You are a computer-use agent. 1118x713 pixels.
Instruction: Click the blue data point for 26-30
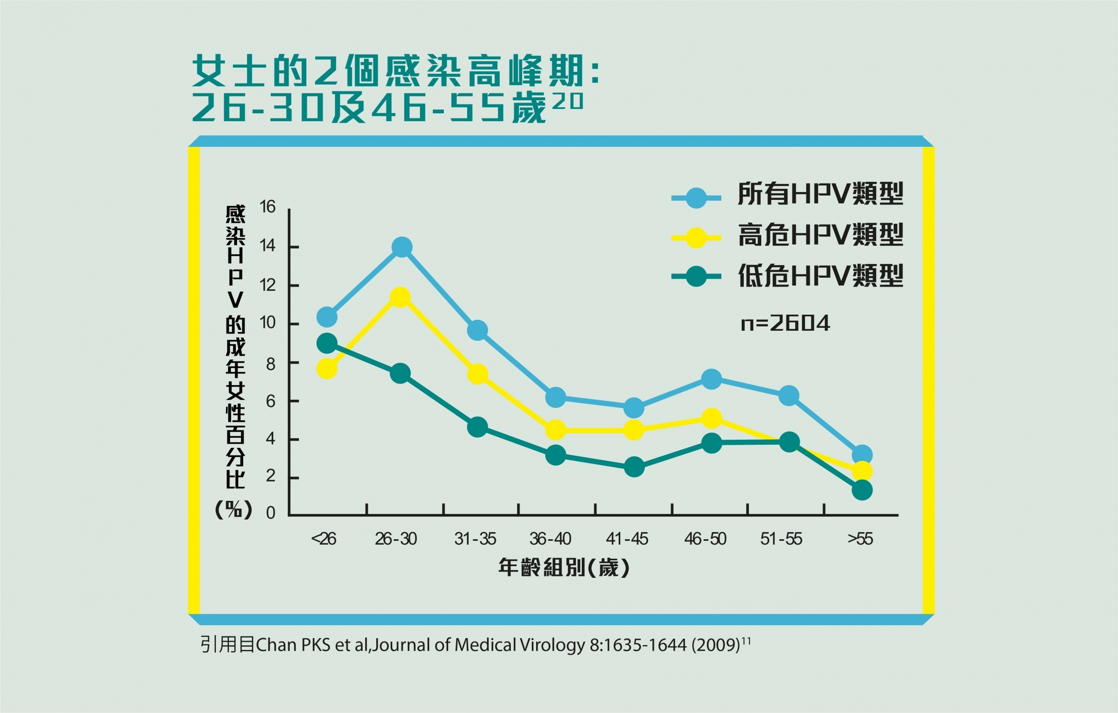pyautogui.click(x=402, y=247)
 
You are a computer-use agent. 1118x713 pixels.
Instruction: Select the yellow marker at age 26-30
pyautogui.click(x=400, y=297)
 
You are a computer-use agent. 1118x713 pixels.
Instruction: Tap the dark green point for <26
pyautogui.click(x=327, y=343)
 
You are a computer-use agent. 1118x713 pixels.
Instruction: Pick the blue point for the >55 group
pyautogui.click(x=862, y=455)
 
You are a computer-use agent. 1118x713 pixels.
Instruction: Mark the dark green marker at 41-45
pyautogui.click(x=634, y=467)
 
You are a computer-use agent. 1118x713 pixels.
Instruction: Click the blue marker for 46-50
pyautogui.click(x=712, y=379)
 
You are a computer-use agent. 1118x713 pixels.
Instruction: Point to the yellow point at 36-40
pyautogui.click(x=556, y=430)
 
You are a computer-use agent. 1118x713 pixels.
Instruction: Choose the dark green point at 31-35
pyautogui.click(x=477, y=427)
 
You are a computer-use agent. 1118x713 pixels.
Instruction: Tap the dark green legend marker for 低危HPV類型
pyautogui.click(x=696, y=276)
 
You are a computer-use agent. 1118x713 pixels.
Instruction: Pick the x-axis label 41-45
pyautogui.click(x=627, y=539)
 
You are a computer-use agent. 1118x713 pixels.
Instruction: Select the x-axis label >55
pyautogui.click(x=860, y=539)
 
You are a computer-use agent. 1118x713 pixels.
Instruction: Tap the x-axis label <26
pyautogui.click(x=323, y=539)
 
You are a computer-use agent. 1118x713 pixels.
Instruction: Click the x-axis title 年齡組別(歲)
pyautogui.click(x=564, y=568)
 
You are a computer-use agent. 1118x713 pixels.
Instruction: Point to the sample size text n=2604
pyautogui.click(x=785, y=323)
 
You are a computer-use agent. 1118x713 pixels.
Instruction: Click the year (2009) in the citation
pyautogui.click(x=715, y=645)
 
